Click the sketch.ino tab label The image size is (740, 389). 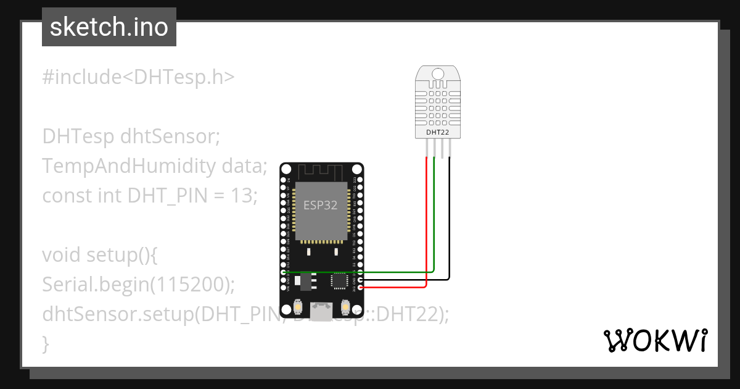click(x=109, y=27)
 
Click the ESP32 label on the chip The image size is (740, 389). click(x=321, y=206)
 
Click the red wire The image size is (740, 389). click(x=427, y=222)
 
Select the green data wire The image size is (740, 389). click(x=434, y=216)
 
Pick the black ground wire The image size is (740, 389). click(x=450, y=222)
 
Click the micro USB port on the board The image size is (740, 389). click(x=321, y=312)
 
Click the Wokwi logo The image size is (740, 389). click(x=655, y=340)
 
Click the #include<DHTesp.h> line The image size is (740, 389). click(x=138, y=77)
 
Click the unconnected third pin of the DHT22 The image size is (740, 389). click(x=442, y=148)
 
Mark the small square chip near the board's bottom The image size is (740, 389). click(x=339, y=281)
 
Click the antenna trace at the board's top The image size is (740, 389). click(x=321, y=170)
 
